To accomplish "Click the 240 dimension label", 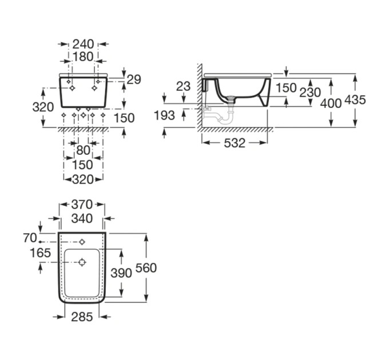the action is click(83, 45).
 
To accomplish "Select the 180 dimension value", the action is click(83, 57).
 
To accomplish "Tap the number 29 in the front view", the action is click(134, 79).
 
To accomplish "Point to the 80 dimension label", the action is click(83, 150).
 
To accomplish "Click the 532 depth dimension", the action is click(235, 143).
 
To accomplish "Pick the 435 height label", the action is click(355, 100).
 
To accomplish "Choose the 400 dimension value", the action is click(331, 103).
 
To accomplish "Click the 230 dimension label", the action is click(310, 93).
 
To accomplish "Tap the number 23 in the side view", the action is click(183, 86).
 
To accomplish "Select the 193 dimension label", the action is click(164, 115).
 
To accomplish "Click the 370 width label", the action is click(82, 205).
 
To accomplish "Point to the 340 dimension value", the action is click(82, 218).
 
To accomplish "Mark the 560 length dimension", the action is click(146, 268).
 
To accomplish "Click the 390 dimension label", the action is click(121, 273).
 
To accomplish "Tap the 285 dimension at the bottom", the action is click(82, 317).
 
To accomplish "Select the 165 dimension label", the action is click(40, 253).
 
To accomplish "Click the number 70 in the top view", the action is click(30, 238).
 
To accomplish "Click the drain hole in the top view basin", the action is click(82, 262).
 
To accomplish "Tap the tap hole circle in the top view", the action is click(82, 242).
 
